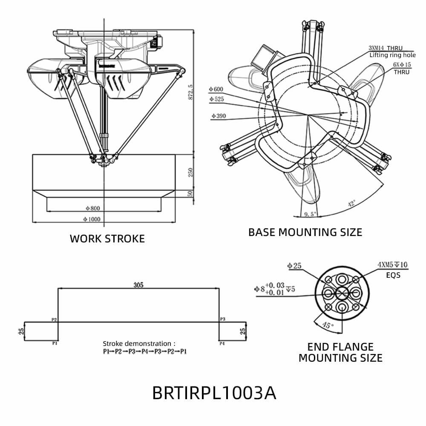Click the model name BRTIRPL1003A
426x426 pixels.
pos(214,393)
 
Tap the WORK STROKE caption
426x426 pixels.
pos(107,239)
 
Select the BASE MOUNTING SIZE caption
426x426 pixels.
pos(305,232)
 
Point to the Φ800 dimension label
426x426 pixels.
pos(92,208)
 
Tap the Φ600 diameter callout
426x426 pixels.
pos(216,89)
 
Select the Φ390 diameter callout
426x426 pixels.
pos(218,115)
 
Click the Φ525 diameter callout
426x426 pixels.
pos(216,99)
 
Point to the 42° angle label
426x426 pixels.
pos(352,204)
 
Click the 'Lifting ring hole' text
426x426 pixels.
pos(392,55)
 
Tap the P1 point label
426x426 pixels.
pos(55,343)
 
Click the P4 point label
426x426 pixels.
pos(222,343)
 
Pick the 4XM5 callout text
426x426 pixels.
pos(392,265)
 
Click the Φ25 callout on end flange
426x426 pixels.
pos(294,266)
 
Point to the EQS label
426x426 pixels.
pos(393,275)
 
